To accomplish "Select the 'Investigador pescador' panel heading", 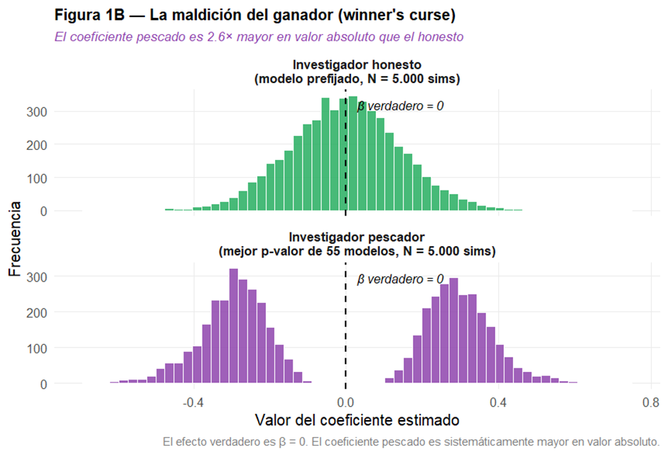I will coord(357,244).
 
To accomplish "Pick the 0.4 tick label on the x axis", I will coord(498,402).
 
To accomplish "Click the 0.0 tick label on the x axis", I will coord(346,402).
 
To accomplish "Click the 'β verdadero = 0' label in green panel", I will coord(400,106).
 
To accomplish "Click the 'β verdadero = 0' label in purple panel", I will coord(400,279).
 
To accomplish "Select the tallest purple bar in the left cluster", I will coord(234,326).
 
